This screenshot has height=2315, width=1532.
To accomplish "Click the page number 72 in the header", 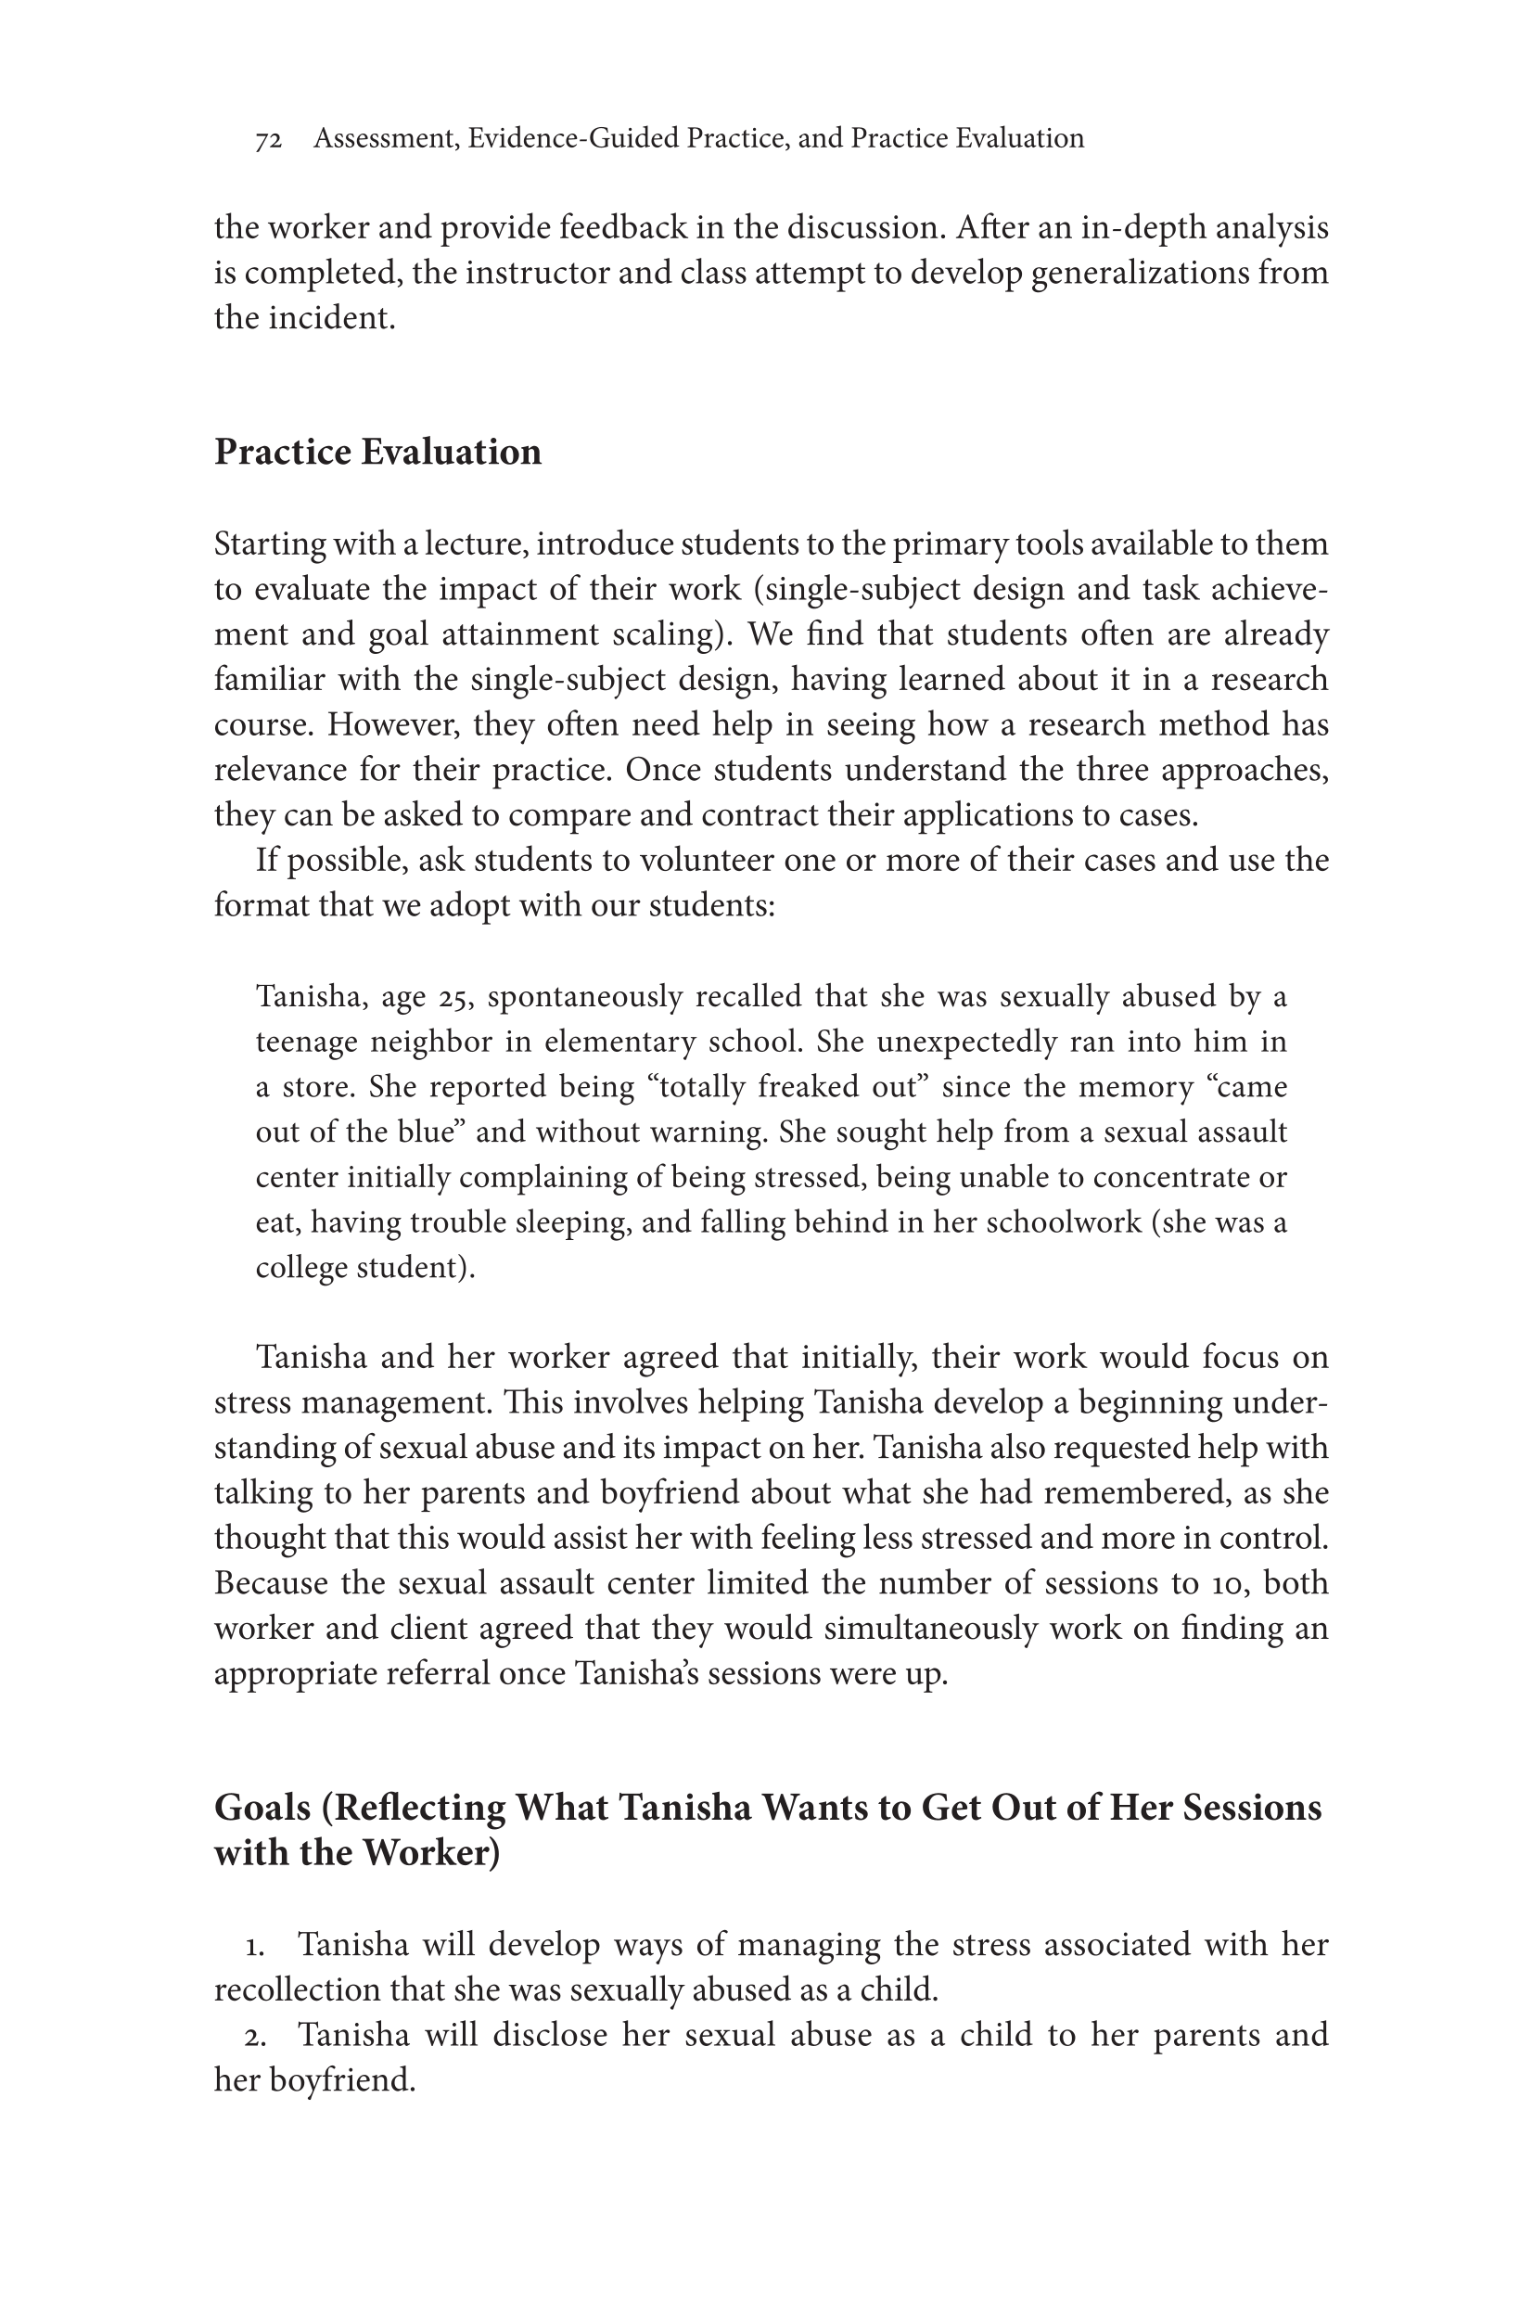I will point(269,141).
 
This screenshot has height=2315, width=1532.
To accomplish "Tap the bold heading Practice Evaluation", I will point(377,453).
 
